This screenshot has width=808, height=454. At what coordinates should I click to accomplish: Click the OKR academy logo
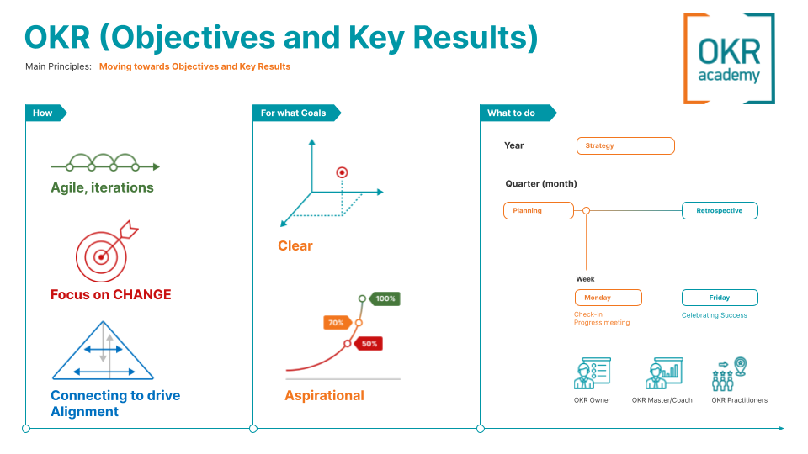729,58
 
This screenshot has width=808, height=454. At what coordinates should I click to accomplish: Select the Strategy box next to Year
625,145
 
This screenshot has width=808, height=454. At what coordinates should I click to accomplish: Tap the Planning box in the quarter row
538,210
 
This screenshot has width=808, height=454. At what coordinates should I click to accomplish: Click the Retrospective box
720,210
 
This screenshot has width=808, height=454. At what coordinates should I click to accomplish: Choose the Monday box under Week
608,298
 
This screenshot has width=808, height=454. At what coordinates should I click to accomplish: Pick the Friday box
720,298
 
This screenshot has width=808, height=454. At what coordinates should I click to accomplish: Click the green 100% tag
385,298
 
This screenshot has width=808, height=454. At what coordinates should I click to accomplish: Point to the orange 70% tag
337,322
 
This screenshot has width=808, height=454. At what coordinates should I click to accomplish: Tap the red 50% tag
369,344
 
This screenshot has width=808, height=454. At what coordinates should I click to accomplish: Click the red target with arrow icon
105,252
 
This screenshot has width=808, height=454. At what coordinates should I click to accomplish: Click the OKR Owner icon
592,374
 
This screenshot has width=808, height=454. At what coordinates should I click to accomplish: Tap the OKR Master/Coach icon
662,374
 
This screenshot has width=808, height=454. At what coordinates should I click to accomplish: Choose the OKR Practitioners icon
730,374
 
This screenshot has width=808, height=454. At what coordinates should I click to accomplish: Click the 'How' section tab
44,113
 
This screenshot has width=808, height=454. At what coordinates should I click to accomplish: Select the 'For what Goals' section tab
294,113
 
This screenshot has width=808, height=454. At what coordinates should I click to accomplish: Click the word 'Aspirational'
324,395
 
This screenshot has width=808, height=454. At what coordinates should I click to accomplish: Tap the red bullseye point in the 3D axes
342,172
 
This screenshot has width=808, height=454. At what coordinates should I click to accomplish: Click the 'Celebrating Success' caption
714,315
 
